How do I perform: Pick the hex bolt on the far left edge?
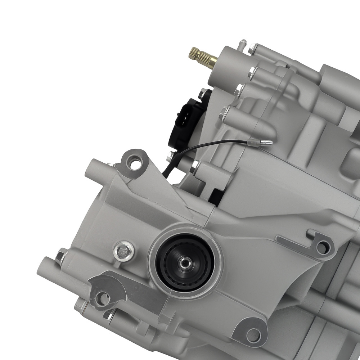[x=60, y=256]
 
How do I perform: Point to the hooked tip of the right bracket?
[x=310, y=234]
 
